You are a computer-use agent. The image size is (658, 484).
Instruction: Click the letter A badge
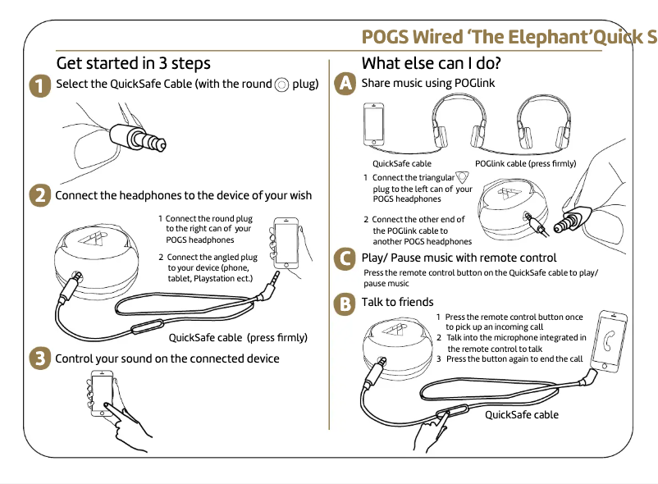click(x=346, y=83)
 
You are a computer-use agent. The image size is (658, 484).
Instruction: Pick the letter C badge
click(x=346, y=258)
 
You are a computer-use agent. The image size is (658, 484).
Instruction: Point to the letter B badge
click(x=346, y=303)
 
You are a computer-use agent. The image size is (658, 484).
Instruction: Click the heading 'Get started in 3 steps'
click(x=133, y=63)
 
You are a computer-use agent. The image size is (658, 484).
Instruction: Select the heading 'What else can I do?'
click(x=431, y=63)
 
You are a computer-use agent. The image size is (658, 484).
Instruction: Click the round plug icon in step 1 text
click(x=281, y=84)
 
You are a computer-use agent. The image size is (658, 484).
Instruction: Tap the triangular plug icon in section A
click(x=463, y=177)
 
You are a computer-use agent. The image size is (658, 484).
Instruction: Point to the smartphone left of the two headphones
click(x=374, y=126)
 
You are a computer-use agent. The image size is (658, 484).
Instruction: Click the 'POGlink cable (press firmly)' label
click(x=525, y=163)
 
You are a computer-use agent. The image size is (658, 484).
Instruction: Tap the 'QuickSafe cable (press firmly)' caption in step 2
click(x=237, y=337)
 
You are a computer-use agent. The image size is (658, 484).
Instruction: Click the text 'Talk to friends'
click(x=397, y=303)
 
